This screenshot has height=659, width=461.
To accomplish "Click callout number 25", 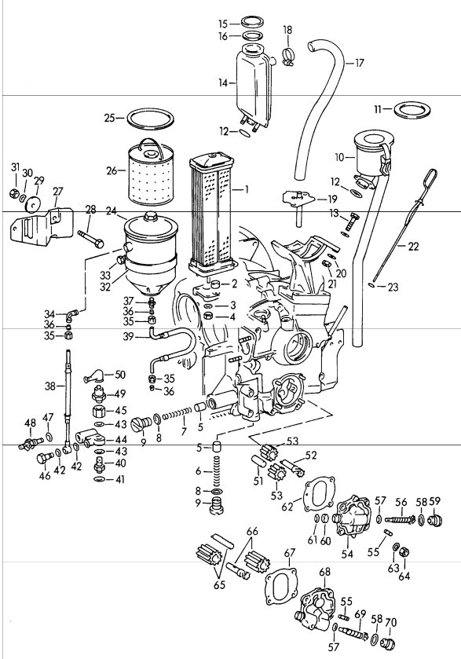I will [110, 119].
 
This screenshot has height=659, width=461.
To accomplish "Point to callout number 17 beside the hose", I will [360, 62].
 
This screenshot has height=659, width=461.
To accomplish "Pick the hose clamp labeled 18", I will [288, 55].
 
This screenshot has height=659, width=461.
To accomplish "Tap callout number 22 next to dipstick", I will [413, 246].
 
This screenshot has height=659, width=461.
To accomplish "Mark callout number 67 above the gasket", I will [289, 552].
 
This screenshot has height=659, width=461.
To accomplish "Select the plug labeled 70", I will [386, 644].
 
